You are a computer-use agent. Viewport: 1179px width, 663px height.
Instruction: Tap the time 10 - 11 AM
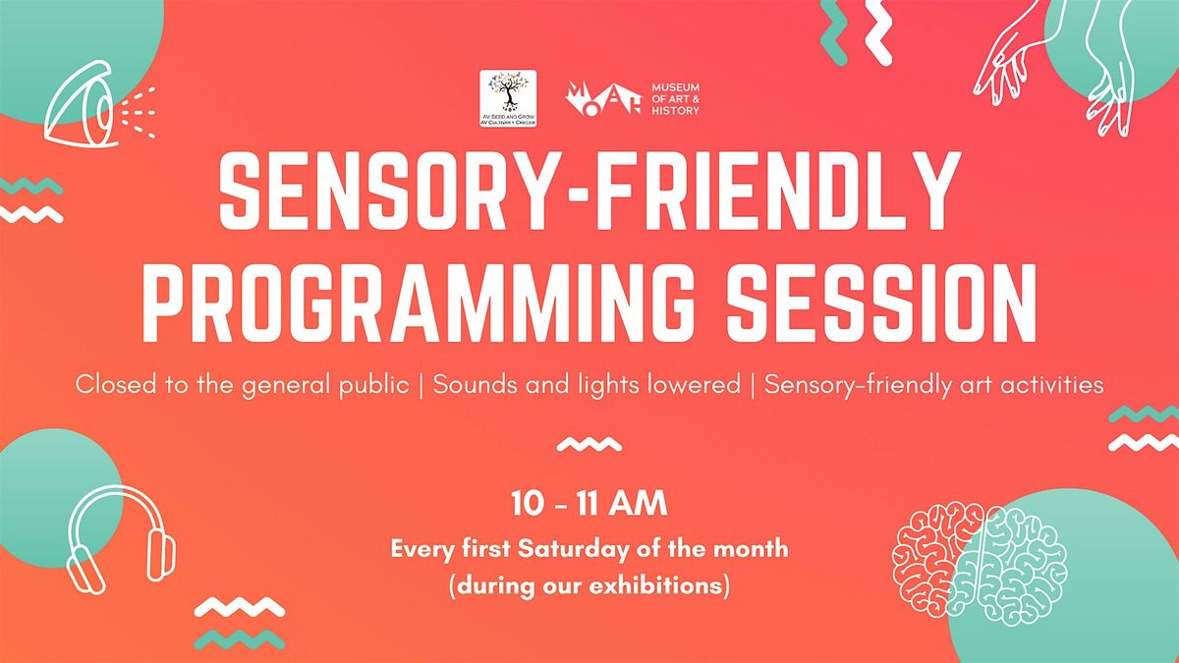coord(589,506)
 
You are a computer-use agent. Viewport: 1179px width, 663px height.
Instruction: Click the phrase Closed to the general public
coord(242,386)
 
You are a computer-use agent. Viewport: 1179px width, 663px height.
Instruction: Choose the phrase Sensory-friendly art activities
coord(933,386)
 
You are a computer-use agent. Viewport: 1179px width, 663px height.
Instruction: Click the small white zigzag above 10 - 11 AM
coord(589,444)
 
